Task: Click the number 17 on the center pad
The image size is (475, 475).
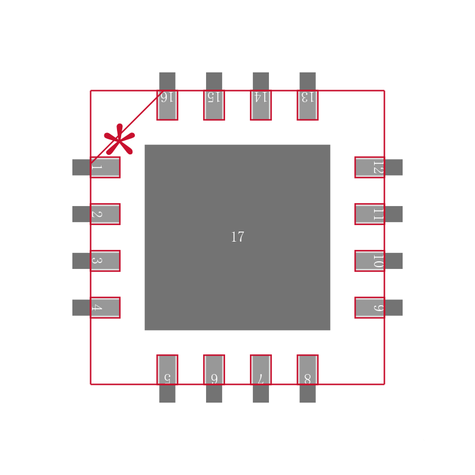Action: click(x=237, y=237)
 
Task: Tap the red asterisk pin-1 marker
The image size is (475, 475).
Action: click(x=119, y=141)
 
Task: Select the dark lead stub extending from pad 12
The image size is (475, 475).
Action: click(x=394, y=167)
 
